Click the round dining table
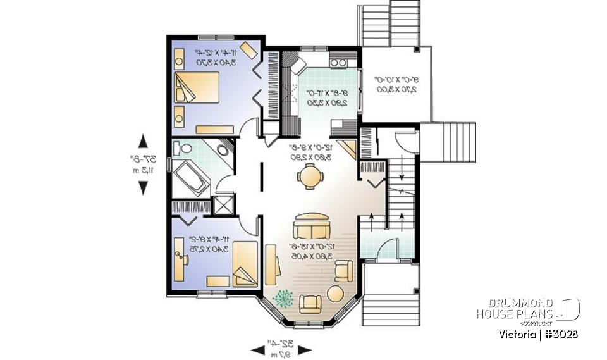point(309,176)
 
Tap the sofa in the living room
point(311,225)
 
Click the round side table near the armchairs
point(334,294)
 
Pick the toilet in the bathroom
point(184,149)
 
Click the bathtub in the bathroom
point(191,178)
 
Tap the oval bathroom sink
point(223,151)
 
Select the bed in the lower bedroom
point(243,264)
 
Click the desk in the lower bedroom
point(178,263)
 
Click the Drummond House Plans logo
point(528,309)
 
